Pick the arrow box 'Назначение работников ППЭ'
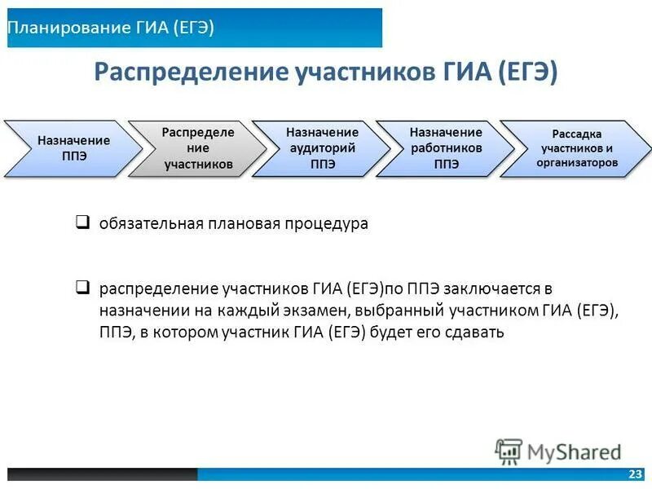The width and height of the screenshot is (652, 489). pyautogui.click(x=446, y=148)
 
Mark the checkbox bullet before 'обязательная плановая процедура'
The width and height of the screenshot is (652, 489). pyautogui.click(x=83, y=222)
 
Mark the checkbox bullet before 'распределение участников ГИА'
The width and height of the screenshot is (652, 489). pyautogui.click(x=83, y=287)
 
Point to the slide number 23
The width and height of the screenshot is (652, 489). pyautogui.click(x=635, y=474)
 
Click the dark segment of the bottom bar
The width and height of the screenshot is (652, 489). pyautogui.click(x=102, y=474)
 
